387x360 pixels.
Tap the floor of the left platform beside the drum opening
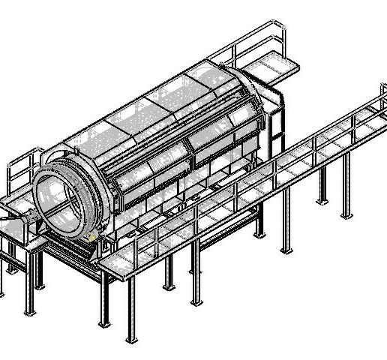tap(19, 206)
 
